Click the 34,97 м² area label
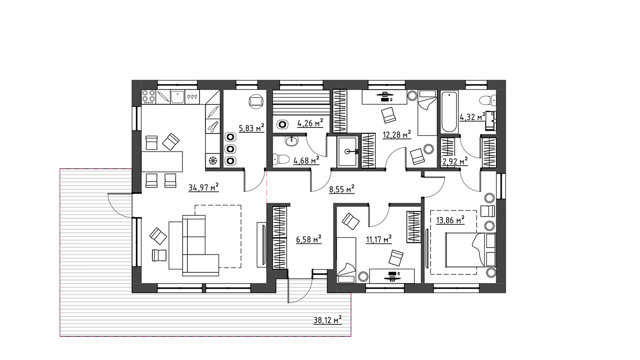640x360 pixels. click(x=204, y=188)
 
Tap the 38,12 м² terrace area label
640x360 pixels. click(x=328, y=320)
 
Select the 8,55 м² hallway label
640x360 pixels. click(x=342, y=189)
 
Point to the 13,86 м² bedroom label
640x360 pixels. click(x=450, y=220)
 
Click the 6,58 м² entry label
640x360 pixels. click(x=308, y=239)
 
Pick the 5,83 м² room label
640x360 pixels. click(x=252, y=128)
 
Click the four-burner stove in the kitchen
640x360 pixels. click(x=148, y=96)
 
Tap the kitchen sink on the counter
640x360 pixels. click(x=178, y=97)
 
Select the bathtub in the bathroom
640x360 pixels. click(x=449, y=112)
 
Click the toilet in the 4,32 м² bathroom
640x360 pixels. click(x=488, y=100)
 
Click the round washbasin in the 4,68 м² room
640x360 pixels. click(x=292, y=140)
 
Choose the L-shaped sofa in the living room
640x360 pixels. click(x=194, y=246)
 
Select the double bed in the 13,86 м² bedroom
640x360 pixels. click(x=470, y=250)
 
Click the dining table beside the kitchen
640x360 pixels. click(x=162, y=162)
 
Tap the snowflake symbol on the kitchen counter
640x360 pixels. click(x=213, y=160)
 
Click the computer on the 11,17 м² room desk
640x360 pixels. click(x=392, y=276)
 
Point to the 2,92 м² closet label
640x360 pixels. click(x=455, y=161)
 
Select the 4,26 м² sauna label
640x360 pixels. click(x=310, y=123)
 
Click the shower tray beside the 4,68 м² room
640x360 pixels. click(x=347, y=152)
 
